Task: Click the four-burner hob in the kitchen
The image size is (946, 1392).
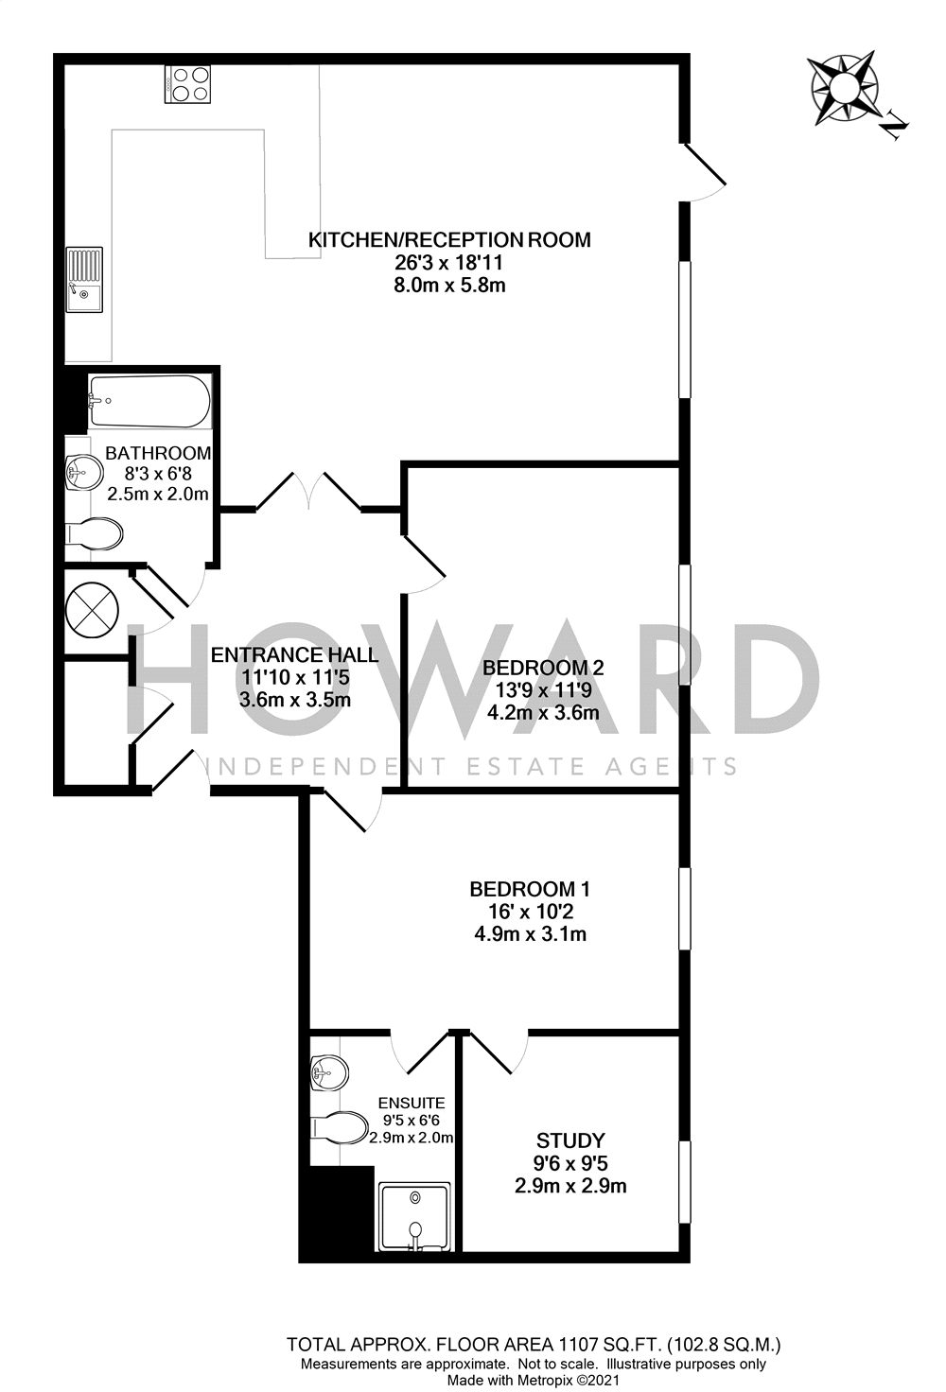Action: [x=187, y=82]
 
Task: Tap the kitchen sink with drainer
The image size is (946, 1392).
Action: [x=84, y=279]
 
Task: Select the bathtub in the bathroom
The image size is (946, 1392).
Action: [x=149, y=402]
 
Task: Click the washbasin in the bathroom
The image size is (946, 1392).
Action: [x=84, y=472]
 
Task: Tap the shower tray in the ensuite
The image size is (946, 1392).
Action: [x=415, y=1216]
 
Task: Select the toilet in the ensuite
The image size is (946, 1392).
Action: [x=340, y=1128]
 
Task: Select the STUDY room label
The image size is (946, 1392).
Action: [x=570, y=1140]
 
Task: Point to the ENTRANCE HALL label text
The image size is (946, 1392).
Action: [x=294, y=654]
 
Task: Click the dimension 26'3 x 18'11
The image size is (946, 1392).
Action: [x=449, y=263]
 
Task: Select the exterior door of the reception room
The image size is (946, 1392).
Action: [x=703, y=170]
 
